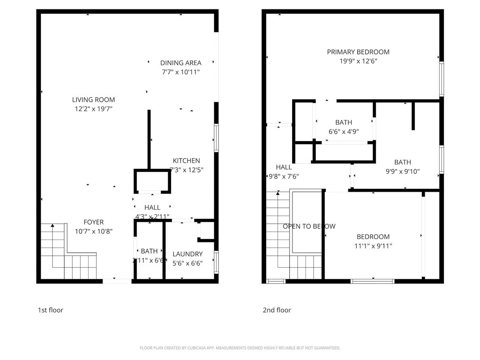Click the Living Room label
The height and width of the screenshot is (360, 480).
93,100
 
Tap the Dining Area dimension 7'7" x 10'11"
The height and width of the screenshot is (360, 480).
181,72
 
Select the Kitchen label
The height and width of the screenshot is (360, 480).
186,161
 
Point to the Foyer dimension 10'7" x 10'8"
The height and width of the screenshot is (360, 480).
93,231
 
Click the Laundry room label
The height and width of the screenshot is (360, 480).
187,254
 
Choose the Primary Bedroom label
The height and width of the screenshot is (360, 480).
358,52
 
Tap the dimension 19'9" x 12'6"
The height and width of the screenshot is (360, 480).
358,61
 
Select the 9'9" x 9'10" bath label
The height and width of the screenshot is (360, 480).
402,163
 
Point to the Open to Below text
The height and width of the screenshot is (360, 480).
309,226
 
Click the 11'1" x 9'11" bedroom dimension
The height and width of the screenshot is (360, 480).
373,246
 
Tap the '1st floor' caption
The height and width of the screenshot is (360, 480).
50,310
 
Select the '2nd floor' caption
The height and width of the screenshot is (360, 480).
277,310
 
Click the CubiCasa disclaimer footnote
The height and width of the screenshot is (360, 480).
240,348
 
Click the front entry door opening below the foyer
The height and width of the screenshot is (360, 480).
117,281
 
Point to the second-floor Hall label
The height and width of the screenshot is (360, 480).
284,167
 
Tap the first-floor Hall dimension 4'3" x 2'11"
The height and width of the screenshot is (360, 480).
152,217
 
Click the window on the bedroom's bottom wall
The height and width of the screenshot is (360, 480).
373,281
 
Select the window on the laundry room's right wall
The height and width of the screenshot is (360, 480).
216,262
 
